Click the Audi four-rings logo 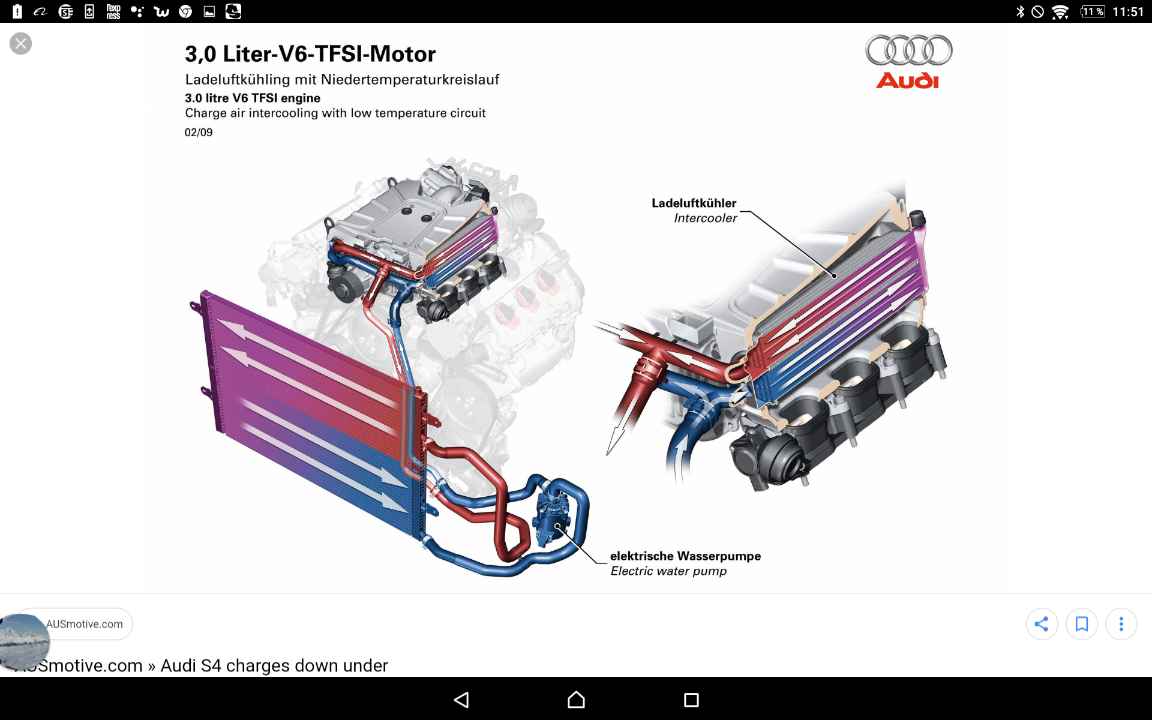click(x=908, y=50)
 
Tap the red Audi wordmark click(x=907, y=81)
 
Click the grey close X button click(x=21, y=44)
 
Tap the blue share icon click(x=1042, y=624)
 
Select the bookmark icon click(x=1081, y=624)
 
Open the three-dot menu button click(x=1121, y=624)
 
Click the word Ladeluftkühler click(x=694, y=203)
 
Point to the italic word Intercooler click(x=705, y=218)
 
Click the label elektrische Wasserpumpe click(x=685, y=556)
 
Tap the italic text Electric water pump click(x=668, y=571)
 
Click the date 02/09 click(x=199, y=133)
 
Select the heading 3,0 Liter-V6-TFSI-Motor click(x=310, y=54)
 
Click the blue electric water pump click(x=551, y=516)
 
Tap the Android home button click(x=576, y=700)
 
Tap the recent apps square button click(x=691, y=700)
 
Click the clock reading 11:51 click(x=1127, y=12)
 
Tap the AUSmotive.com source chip click(x=84, y=624)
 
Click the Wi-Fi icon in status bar click(x=1060, y=12)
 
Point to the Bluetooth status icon click(x=1020, y=12)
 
